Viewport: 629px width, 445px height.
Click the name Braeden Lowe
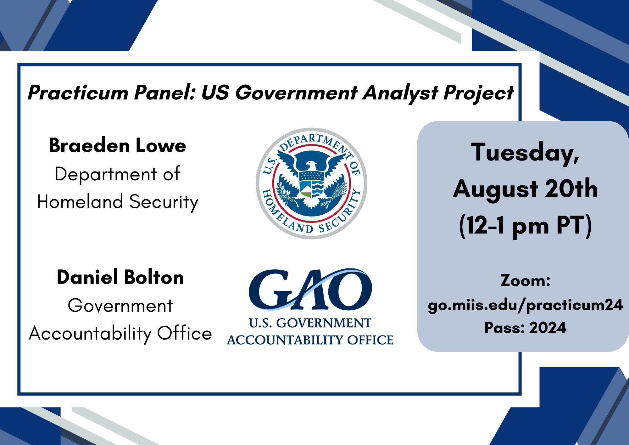(x=117, y=145)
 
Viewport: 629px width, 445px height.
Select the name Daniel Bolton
(x=120, y=277)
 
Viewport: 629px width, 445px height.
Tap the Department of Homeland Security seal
(x=311, y=183)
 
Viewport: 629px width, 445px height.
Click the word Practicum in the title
(x=78, y=93)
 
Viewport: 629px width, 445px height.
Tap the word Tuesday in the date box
(x=525, y=152)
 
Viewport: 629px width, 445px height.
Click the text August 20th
(x=525, y=189)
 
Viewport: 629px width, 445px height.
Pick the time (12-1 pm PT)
(x=525, y=225)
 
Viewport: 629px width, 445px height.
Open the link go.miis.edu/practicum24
(x=525, y=305)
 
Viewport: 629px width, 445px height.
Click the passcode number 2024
(x=548, y=328)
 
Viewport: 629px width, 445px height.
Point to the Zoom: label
(x=525, y=280)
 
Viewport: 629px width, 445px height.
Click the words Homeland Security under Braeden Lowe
(x=118, y=202)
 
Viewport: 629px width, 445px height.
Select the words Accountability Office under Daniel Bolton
(x=120, y=333)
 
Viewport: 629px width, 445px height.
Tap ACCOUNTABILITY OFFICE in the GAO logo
(x=310, y=340)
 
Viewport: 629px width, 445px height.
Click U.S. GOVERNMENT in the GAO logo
(x=310, y=323)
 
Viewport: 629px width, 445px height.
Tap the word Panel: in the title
(x=165, y=93)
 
